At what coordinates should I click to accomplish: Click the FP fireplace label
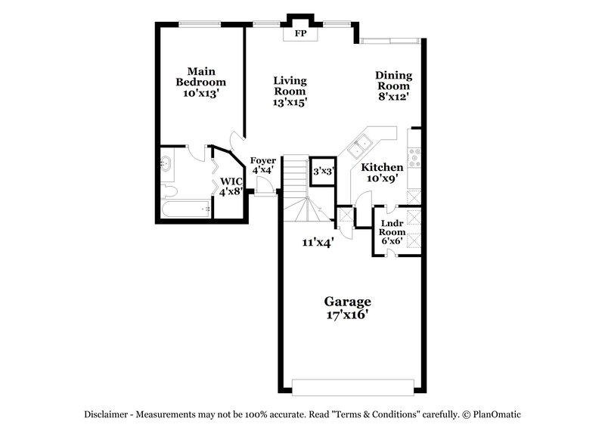click(301, 33)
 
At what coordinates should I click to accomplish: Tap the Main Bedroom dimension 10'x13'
click(200, 93)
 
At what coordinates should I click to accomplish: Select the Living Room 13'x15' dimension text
click(290, 102)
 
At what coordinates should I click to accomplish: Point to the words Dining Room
click(393, 81)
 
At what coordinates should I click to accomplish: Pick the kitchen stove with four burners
click(414, 156)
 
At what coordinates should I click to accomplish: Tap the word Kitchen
click(382, 167)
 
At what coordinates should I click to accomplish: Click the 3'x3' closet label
click(323, 172)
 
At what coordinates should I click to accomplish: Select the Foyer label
click(262, 160)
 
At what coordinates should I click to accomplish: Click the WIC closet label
click(231, 181)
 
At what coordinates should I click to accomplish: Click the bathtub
click(186, 209)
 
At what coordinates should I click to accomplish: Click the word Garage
click(348, 301)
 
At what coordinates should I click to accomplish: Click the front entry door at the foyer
click(264, 186)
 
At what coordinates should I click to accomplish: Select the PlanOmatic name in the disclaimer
click(497, 414)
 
